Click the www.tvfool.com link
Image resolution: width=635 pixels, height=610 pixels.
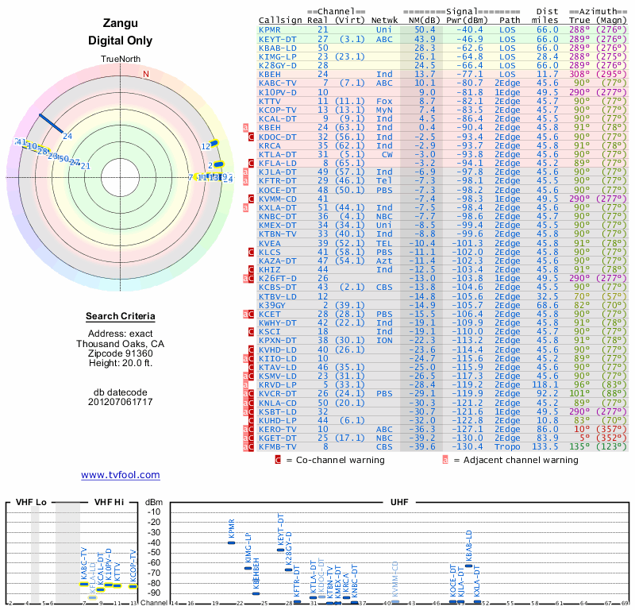[x=120, y=475]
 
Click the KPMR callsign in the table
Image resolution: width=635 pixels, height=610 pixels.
[x=270, y=29]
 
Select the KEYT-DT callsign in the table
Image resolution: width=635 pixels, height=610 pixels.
[x=275, y=38]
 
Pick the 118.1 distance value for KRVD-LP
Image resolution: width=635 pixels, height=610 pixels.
[x=545, y=385]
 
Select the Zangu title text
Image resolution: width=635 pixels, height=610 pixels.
[x=121, y=24]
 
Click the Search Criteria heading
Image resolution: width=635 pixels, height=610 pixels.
[x=121, y=316]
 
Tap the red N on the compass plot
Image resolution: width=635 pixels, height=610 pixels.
[x=145, y=74]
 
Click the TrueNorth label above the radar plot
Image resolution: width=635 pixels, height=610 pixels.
[x=121, y=60]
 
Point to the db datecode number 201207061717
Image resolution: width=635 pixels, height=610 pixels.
[x=121, y=402]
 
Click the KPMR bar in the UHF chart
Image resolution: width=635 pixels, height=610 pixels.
[x=232, y=542]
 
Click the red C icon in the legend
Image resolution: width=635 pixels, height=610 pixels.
[x=278, y=459]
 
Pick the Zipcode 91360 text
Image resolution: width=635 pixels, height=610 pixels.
[x=121, y=353]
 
